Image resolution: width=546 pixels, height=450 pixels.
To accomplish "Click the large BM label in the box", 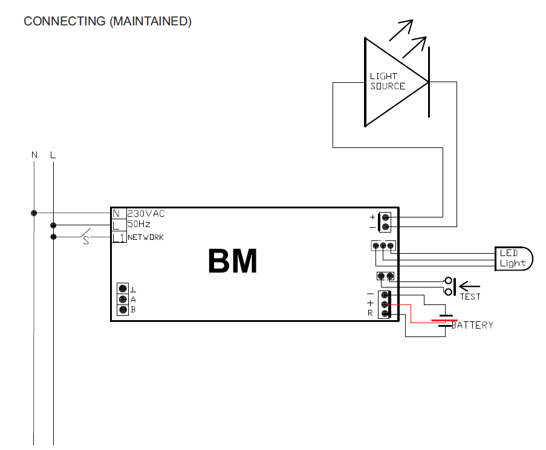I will click(232, 262).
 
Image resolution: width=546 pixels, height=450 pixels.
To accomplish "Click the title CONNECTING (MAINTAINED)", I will click(108, 22).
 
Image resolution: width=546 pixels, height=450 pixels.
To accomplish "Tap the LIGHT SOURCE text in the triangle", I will click(387, 81).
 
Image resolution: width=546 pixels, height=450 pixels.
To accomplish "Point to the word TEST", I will click(470, 297).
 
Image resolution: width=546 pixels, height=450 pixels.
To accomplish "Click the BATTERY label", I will click(473, 325).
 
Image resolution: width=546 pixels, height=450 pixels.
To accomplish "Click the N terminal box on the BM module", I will click(117, 213).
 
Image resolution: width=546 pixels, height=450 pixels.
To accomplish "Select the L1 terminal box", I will click(119, 237).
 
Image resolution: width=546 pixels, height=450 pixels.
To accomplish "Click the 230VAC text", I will click(146, 213).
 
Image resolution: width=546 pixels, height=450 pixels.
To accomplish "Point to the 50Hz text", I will click(138, 224).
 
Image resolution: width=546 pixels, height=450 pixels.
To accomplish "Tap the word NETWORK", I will click(146, 237).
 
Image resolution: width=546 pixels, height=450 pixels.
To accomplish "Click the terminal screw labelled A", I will click(123, 299).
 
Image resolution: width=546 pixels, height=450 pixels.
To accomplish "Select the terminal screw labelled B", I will click(123, 310).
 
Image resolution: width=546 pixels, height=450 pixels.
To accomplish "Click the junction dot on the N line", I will click(34, 213).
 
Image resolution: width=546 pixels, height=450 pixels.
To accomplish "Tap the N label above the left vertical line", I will click(34, 155).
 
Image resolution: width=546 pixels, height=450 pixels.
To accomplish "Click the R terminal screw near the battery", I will click(383, 313).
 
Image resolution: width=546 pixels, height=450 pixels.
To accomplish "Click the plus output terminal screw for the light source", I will click(385, 217).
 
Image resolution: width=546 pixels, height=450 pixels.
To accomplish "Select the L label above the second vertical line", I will click(53, 155).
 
